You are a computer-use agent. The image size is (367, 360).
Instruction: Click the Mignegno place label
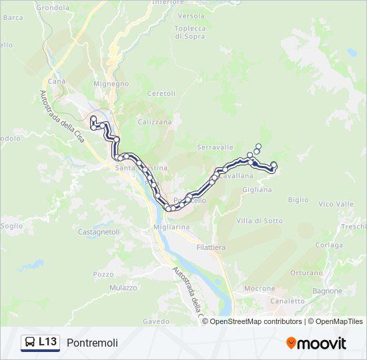tap(111, 84)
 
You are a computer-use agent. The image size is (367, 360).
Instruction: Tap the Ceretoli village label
tap(161, 93)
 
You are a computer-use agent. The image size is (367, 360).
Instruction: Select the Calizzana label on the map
tap(155, 122)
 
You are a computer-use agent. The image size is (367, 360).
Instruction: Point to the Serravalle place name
tap(216, 147)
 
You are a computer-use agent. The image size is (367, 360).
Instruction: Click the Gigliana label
tap(257, 189)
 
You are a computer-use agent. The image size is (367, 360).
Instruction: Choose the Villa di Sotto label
tap(260, 221)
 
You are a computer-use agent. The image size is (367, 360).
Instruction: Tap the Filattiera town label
tap(211, 247)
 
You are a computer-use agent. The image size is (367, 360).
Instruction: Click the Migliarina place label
tap(171, 227)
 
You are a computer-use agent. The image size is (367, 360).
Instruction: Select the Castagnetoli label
tap(99, 232)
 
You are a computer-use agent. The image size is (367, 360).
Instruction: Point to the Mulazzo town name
tap(123, 287)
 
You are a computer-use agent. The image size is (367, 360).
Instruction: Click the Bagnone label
tap(327, 291)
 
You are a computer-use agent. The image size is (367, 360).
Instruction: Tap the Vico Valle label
tap(336, 204)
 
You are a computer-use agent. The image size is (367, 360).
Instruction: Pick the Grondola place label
tap(53, 8)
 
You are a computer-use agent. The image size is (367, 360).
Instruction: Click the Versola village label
tap(192, 15)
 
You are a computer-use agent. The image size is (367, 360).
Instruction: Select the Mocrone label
tap(260, 289)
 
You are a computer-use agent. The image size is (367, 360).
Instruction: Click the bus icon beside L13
tap(31, 342)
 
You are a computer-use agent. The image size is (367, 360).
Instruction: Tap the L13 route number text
tap(47, 342)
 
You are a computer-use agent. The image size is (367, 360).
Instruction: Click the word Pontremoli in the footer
tap(92, 343)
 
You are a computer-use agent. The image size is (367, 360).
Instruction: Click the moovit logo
tap(316, 343)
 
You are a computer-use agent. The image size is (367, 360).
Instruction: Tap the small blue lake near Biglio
tap(351, 51)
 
